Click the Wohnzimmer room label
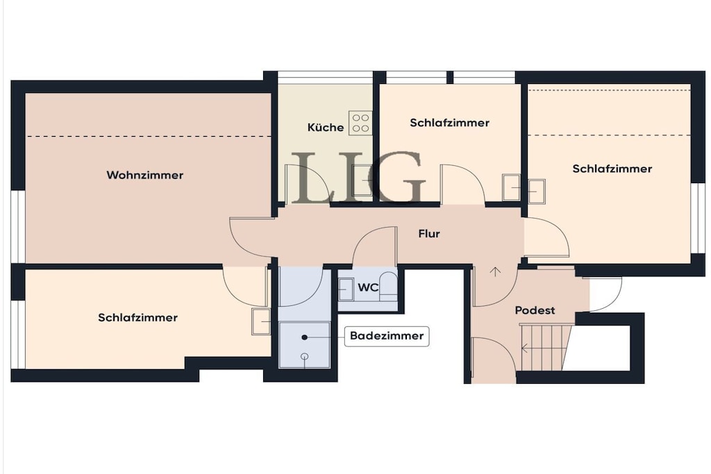click(144, 175)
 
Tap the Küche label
click(325, 127)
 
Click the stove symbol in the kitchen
click(360, 122)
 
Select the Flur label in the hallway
click(429, 234)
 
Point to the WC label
click(368, 287)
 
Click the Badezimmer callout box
click(387, 336)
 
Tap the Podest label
click(535, 310)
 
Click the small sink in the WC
click(346, 289)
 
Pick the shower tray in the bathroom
click(304, 345)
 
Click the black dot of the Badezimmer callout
click(305, 337)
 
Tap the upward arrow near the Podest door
click(496, 272)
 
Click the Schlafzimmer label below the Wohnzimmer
click(137, 317)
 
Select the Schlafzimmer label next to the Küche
click(449, 123)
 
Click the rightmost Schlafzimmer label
click(612, 169)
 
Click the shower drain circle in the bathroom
click(305, 357)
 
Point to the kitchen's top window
click(325, 77)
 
